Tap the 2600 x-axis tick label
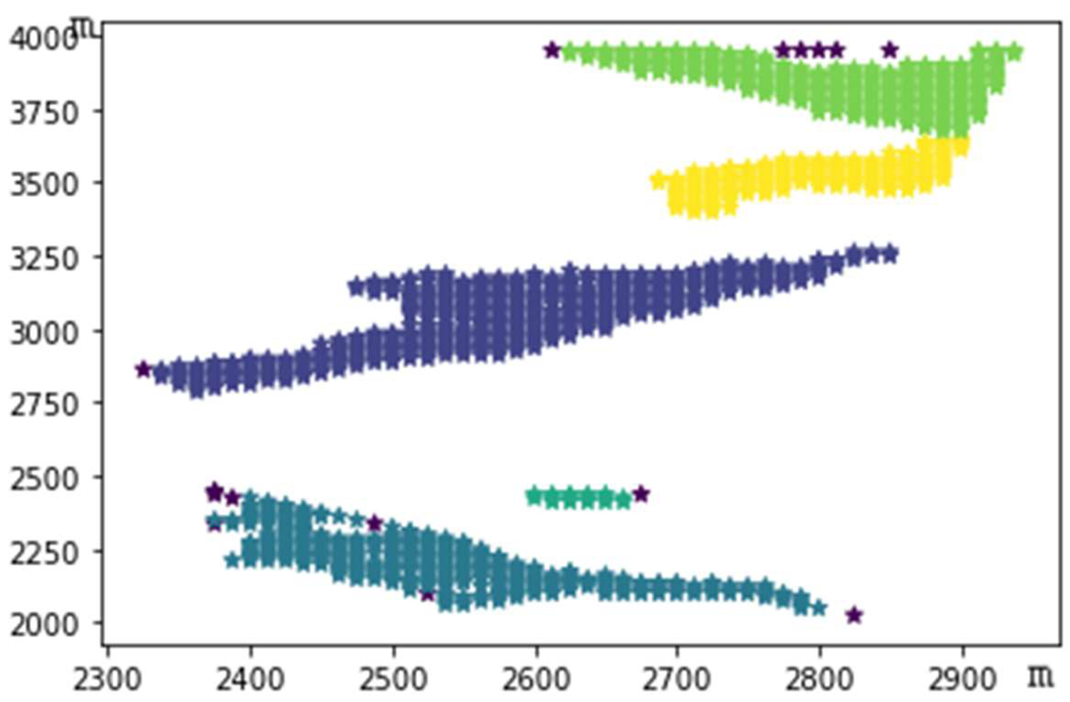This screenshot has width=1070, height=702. pyautogui.click(x=536, y=679)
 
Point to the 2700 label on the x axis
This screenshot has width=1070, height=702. pyautogui.click(x=677, y=679)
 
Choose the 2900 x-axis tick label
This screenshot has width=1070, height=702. pyautogui.click(x=962, y=679)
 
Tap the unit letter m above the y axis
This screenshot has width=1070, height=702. pyautogui.click(x=84, y=27)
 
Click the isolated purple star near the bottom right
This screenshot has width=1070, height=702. pyautogui.click(x=854, y=616)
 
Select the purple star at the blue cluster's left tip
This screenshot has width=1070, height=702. pyautogui.click(x=143, y=369)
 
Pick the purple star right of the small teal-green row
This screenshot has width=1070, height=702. pyautogui.click(x=641, y=494)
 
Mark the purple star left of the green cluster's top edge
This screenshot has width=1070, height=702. pyautogui.click(x=552, y=50)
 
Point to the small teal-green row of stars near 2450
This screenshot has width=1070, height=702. pyautogui.click(x=579, y=498)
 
